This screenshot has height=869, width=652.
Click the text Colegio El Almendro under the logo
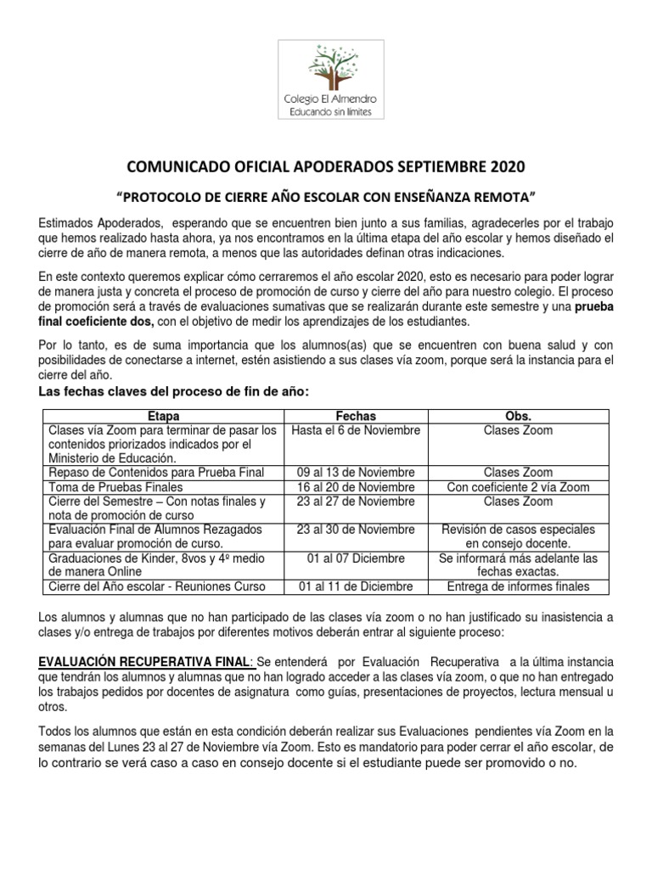click(x=330, y=99)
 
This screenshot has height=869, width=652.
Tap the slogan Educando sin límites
click(x=330, y=112)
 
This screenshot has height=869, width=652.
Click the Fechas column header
click(x=356, y=416)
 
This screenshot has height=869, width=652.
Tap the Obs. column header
click(x=518, y=416)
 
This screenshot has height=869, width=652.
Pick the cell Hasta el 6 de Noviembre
click(x=356, y=430)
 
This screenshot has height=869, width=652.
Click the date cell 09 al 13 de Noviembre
click(x=356, y=472)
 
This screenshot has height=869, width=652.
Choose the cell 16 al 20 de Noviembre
click(x=356, y=487)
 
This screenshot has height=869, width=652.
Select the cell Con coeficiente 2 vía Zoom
click(x=518, y=487)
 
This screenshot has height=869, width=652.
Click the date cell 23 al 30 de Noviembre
click(x=356, y=530)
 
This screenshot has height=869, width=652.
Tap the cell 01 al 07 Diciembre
click(x=356, y=558)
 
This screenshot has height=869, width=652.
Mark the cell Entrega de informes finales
click(x=518, y=586)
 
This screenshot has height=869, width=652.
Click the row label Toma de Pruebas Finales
click(x=115, y=487)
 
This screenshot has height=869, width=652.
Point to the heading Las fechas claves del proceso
click(x=170, y=391)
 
